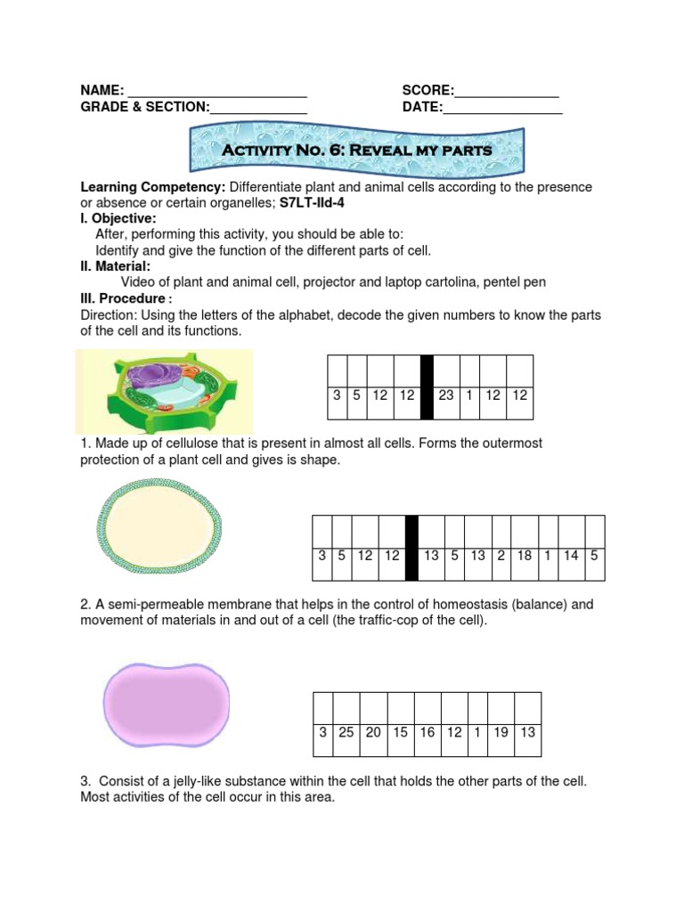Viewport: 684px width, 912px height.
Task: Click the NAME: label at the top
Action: coord(102,90)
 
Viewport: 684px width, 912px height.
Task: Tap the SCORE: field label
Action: coord(427,90)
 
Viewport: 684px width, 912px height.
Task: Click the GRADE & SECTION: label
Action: coord(144,108)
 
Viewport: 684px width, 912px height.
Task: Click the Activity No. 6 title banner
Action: coord(356,151)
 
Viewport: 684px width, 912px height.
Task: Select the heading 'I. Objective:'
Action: coord(118,219)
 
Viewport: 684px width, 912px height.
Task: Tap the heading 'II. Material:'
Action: coord(116,266)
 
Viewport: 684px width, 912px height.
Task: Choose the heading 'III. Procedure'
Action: coord(123,297)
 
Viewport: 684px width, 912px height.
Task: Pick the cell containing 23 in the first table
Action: coord(446,395)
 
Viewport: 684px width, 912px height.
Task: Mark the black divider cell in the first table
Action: coord(427,387)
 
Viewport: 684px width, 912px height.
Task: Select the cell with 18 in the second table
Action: coord(525,555)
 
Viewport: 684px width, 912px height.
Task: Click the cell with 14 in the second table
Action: coord(571,555)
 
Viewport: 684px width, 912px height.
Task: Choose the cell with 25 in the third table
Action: coord(346,732)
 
